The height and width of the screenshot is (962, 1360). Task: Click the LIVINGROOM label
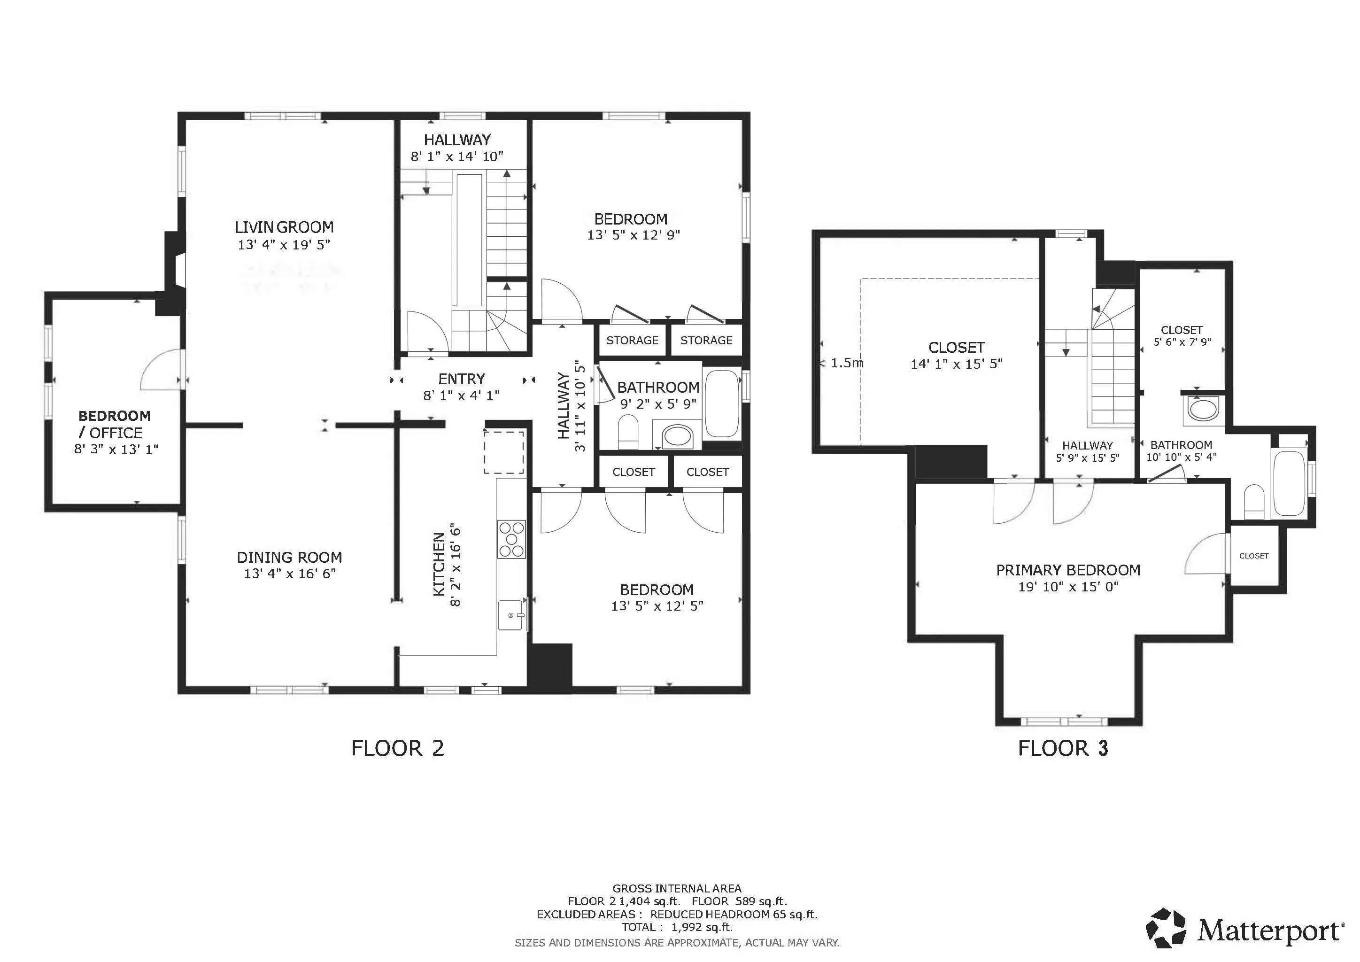[284, 227]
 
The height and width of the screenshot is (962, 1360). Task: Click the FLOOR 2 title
[397, 748]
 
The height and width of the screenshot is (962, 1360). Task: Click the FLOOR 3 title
[1063, 748]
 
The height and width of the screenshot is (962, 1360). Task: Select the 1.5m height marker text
[846, 363]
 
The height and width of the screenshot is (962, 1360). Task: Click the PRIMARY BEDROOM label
[1068, 570]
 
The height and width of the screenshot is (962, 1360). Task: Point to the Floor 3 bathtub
[1289, 483]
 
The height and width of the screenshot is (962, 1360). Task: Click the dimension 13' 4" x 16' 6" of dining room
[290, 574]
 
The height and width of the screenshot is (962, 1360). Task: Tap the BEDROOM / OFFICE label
[114, 424]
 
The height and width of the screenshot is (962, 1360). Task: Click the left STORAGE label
[632, 341]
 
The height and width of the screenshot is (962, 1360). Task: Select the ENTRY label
[462, 379]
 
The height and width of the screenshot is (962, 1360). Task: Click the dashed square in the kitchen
[503, 452]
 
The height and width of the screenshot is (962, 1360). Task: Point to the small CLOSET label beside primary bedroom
[1253, 556]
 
